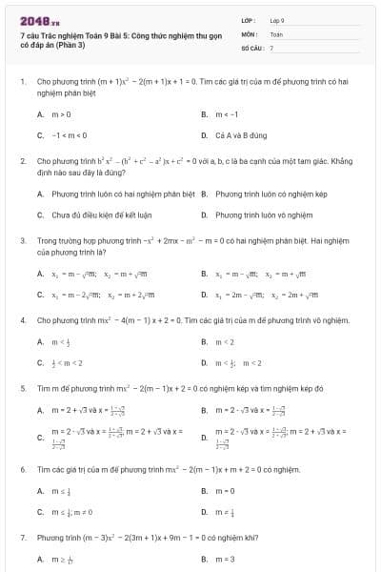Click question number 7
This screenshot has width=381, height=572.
22,537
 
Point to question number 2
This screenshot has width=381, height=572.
22,161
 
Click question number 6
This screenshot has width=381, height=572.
22,470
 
